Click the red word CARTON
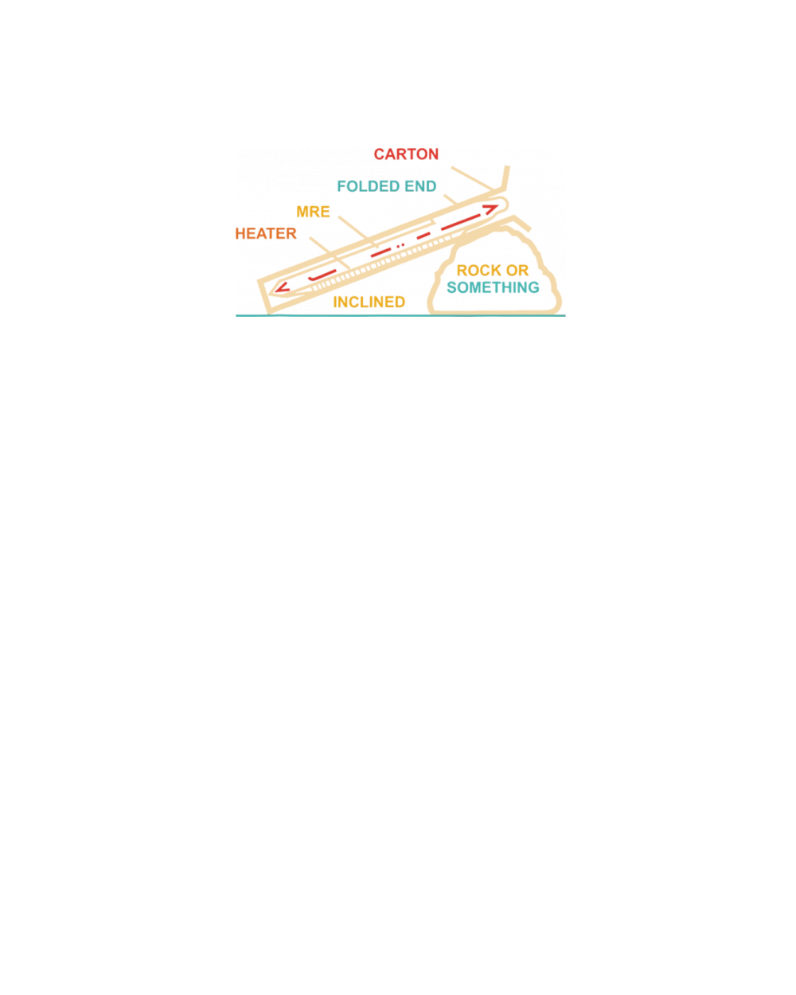[x=406, y=154]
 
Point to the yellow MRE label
[x=313, y=212]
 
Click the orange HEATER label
[x=266, y=234]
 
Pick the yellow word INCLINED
[x=369, y=302]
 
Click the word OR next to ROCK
[x=518, y=271]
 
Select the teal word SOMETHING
[x=493, y=287]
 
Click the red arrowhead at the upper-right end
[x=495, y=206]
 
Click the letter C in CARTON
[x=380, y=154]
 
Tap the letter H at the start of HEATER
[x=241, y=234]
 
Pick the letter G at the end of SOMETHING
[x=534, y=287]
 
